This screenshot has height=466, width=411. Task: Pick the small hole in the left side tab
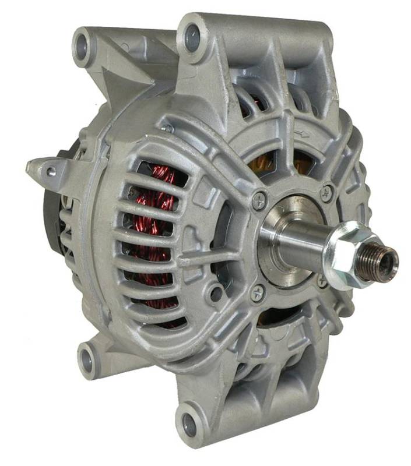pos(51,171)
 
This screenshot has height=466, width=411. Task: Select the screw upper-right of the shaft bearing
pos(327,191)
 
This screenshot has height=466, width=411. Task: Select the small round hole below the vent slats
pos(216,293)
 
